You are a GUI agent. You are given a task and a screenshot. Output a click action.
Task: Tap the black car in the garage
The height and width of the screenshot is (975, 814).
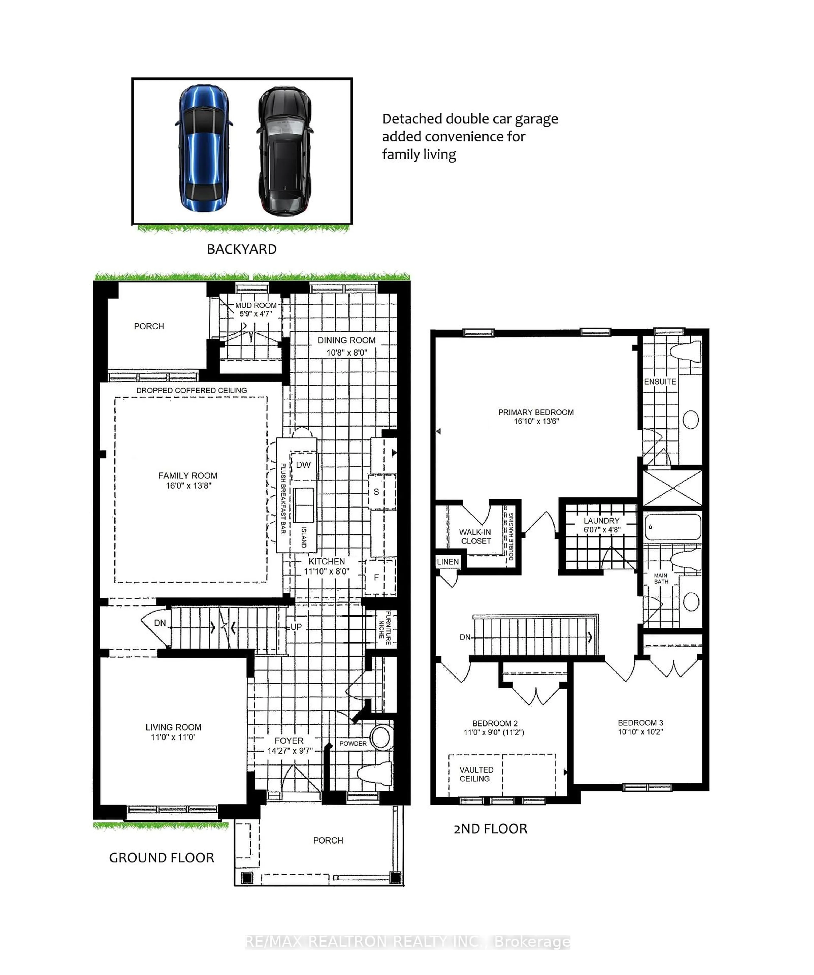tap(284, 151)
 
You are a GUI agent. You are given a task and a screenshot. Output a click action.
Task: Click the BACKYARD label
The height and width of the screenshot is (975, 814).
tap(241, 249)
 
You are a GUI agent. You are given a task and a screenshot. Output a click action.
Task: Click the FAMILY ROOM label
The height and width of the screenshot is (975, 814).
tap(188, 476)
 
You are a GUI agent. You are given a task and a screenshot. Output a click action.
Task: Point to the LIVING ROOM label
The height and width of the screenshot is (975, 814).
tap(173, 727)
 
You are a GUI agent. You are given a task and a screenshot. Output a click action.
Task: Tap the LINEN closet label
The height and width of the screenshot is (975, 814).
tap(448, 562)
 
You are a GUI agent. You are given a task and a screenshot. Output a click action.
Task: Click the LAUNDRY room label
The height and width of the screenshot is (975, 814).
tap(601, 521)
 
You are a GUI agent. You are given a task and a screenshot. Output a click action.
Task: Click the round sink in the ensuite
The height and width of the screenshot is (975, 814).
tap(690, 420)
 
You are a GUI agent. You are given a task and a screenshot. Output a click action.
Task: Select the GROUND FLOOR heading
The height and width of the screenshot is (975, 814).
tap(162, 858)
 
